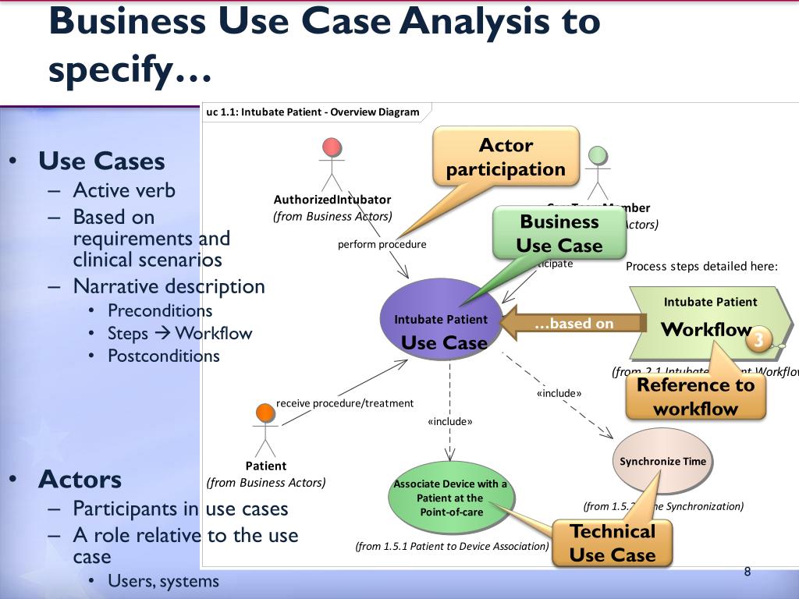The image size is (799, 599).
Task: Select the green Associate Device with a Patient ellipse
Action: (450, 498)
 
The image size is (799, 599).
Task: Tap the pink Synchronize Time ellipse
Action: (662, 461)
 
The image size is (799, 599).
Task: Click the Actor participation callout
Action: (506, 157)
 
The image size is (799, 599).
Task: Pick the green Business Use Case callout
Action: (559, 233)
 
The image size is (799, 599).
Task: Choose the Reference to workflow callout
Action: (695, 396)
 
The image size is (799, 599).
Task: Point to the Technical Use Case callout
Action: (613, 543)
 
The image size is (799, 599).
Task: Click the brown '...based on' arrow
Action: (574, 323)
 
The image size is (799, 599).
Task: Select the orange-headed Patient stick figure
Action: (265, 430)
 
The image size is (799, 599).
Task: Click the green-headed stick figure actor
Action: (598, 172)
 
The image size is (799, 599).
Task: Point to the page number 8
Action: (747, 572)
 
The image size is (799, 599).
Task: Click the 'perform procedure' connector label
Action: (382, 244)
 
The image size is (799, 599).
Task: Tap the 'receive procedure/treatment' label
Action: (345, 403)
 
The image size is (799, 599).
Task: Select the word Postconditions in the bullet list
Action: (164, 356)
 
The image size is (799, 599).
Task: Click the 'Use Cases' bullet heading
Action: (101, 161)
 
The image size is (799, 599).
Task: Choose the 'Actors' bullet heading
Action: (80, 478)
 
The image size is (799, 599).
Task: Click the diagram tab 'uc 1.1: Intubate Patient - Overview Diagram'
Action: (312, 112)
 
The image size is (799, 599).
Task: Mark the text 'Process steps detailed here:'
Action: (701, 266)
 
